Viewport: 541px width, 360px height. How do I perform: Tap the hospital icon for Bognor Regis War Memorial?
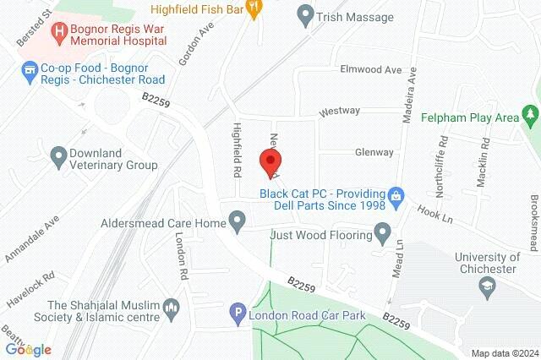click(59, 33)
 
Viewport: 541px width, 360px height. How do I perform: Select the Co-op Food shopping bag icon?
click(30, 68)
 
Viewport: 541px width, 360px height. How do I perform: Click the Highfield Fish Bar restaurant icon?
click(251, 9)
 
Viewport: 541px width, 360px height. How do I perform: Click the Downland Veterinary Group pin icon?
click(59, 156)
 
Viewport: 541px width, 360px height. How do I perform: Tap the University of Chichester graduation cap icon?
click(486, 287)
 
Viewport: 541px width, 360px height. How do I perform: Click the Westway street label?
click(340, 111)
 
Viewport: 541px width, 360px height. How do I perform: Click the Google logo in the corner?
click(28, 349)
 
